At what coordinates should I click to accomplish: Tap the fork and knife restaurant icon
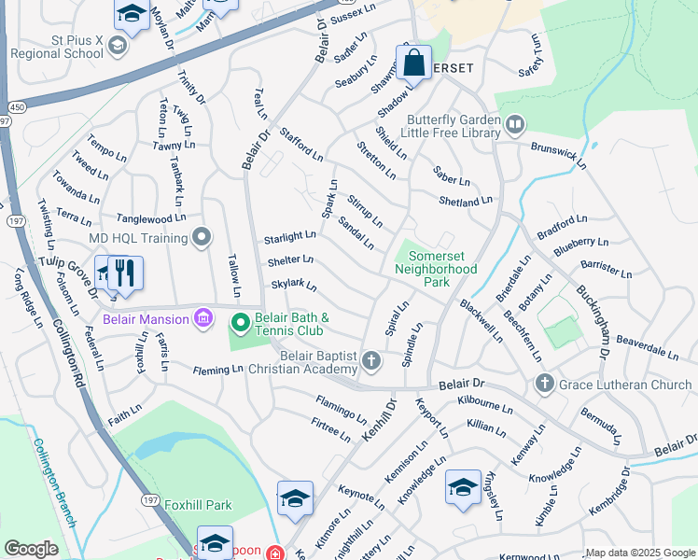coord(125,273)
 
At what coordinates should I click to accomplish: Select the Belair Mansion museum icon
coord(202,320)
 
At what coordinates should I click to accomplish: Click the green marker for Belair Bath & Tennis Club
coord(240,323)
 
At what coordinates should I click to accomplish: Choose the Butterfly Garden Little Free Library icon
coord(514,123)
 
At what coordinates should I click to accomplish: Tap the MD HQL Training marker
coord(198,237)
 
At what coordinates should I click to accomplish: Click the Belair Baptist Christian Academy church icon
coord(371,360)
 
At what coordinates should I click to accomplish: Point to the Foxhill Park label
coord(197,505)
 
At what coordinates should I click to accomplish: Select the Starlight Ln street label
coord(289,237)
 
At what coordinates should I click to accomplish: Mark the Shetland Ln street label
coord(465,201)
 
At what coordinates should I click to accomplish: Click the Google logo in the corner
coord(31,549)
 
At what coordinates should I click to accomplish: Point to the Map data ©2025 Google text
coord(640,553)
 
